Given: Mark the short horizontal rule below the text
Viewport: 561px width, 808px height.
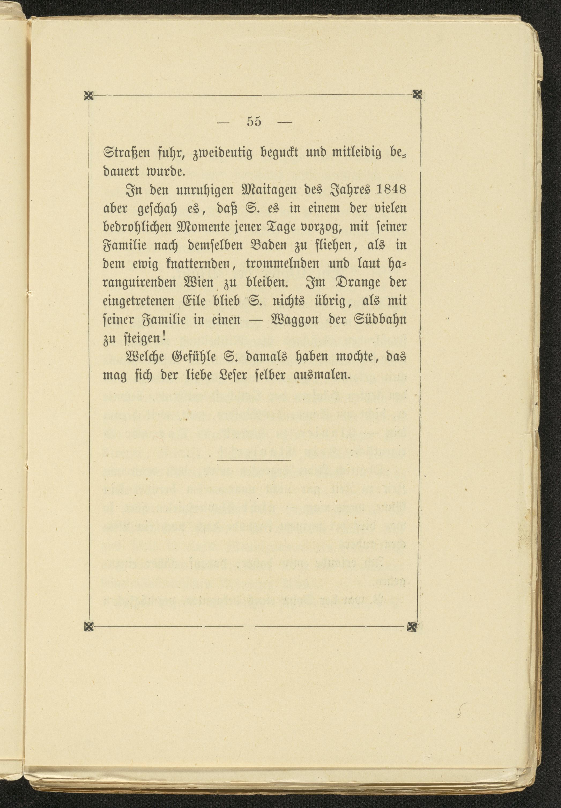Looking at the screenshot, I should pos(254,460).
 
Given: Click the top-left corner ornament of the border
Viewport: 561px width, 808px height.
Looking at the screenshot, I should pos(89,95).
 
